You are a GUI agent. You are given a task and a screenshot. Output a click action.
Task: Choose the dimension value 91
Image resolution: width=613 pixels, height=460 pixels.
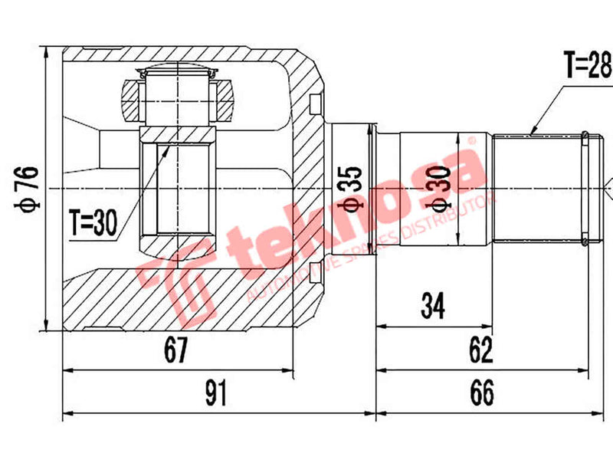(x=218, y=394)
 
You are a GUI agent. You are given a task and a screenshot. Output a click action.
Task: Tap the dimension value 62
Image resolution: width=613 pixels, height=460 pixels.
(x=480, y=351)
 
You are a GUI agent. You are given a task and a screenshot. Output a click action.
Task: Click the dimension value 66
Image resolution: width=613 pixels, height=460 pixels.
(x=480, y=394)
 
